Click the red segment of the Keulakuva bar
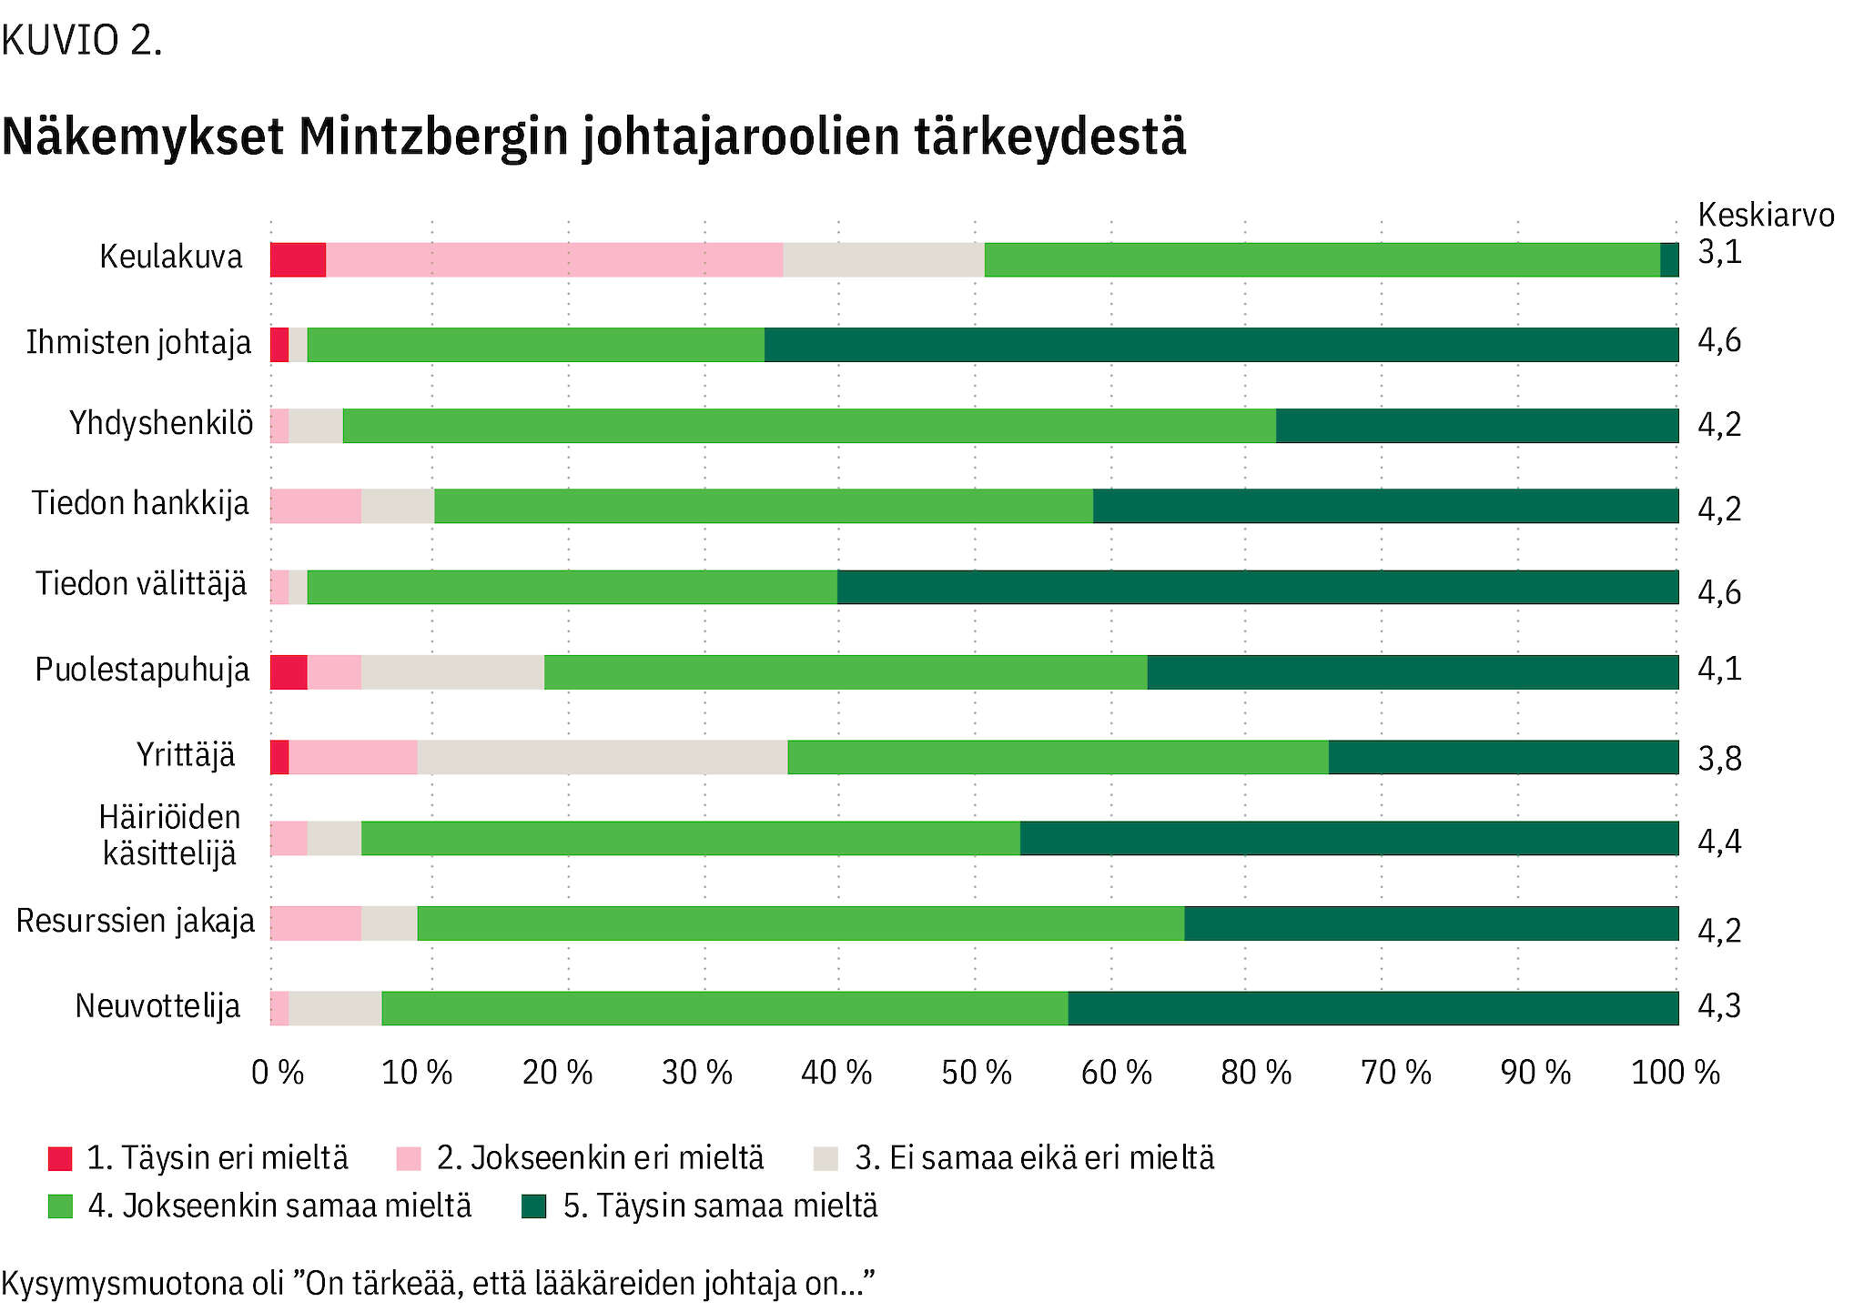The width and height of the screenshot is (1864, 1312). tap(298, 260)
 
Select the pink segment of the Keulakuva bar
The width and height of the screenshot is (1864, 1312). tap(554, 260)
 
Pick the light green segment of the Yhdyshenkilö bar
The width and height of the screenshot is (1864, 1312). tap(809, 426)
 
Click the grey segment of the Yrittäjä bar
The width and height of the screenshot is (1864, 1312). tap(603, 757)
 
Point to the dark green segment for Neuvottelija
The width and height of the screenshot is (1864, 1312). tap(1373, 1008)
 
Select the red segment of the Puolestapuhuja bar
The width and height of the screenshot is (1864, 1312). tap(289, 672)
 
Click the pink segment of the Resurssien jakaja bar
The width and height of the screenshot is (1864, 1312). tap(316, 923)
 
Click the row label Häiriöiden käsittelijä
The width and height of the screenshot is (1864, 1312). tap(169, 835)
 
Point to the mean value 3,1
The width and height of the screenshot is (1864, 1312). tap(1719, 252)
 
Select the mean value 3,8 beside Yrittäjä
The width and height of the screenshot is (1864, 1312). tap(1719, 758)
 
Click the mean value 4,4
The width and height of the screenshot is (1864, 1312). tap(1719, 842)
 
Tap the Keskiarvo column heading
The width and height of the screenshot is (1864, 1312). tap(1766, 216)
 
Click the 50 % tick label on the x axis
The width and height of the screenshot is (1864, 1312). tap(977, 1074)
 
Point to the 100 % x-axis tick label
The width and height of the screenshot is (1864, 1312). tap(1675, 1074)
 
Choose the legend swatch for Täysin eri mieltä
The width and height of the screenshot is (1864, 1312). tap(60, 1159)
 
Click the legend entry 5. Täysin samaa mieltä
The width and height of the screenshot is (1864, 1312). tap(720, 1206)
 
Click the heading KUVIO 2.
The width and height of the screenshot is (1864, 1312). tap(82, 41)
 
